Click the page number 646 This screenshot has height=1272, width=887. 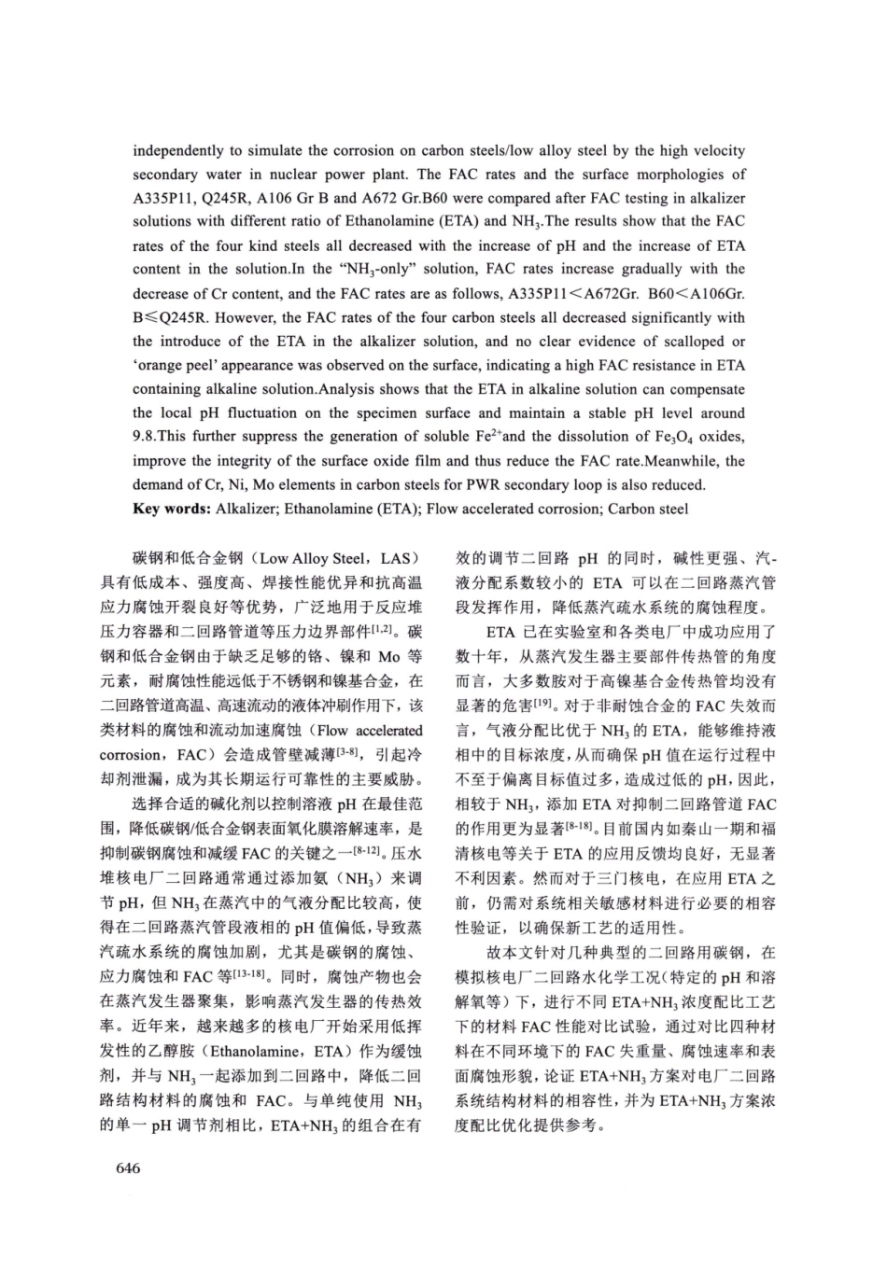(x=127, y=1167)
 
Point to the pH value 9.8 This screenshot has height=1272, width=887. (x=146, y=436)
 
